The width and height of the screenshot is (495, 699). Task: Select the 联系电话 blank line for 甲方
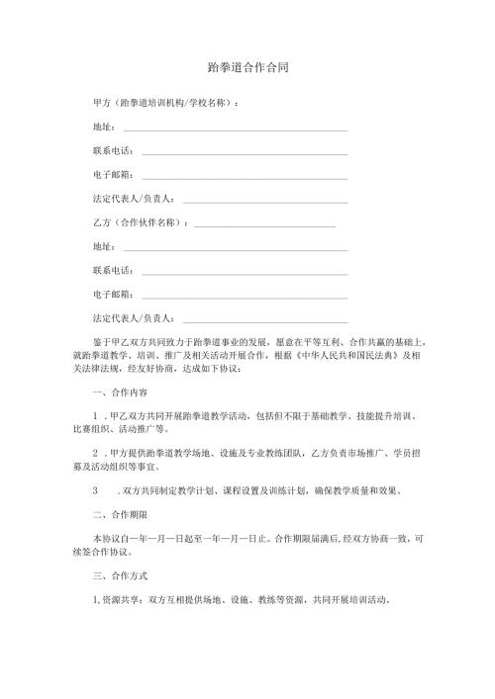[245, 152]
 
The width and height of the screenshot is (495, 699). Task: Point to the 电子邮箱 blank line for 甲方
[245, 177]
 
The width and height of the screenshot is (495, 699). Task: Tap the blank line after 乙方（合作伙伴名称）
[265, 224]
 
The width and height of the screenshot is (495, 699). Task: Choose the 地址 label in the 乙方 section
[102, 248]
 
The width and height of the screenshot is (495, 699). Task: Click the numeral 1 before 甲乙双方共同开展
[95, 417]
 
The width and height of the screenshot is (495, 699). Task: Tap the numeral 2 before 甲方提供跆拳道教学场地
[95, 454]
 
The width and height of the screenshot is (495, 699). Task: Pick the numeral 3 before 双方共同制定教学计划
[95, 490]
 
